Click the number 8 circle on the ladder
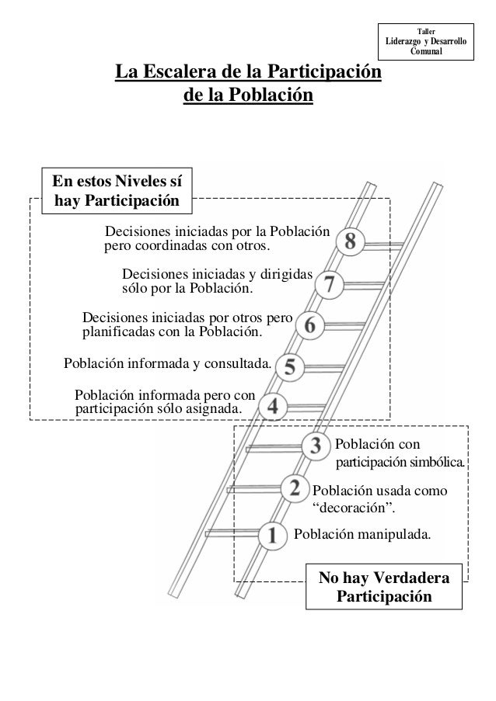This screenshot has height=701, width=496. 351,242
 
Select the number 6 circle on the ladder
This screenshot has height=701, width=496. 310,324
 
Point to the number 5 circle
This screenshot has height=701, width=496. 289,366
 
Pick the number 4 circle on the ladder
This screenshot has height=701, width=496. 271,405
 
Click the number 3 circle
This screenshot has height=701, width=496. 315,446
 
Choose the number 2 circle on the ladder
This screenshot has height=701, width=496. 295,488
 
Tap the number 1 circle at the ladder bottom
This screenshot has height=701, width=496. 272,534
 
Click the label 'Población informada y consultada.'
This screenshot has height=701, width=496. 167,363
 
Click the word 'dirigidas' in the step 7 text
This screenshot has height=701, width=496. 285,275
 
